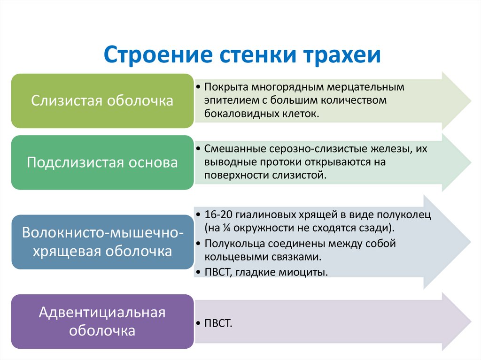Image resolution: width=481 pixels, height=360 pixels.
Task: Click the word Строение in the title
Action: pyautogui.click(x=158, y=54)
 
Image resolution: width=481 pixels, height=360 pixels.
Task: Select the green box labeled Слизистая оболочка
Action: pyautogui.click(x=102, y=101)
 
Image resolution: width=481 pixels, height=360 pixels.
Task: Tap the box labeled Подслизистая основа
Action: pyautogui.click(x=102, y=162)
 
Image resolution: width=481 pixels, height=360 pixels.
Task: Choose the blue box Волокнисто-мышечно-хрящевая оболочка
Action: pyautogui.click(x=102, y=242)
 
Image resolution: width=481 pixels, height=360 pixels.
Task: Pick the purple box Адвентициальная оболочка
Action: pyautogui.click(x=102, y=322)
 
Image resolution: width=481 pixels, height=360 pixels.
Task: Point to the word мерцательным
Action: pyautogui.click(x=365, y=87)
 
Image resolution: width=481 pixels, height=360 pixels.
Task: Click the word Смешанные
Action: pyautogui.click(x=235, y=149)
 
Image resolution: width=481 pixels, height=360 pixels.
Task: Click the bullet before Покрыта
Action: pyautogui.click(x=199, y=87)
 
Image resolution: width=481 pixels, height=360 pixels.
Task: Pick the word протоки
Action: pyautogui.click(x=279, y=162)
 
